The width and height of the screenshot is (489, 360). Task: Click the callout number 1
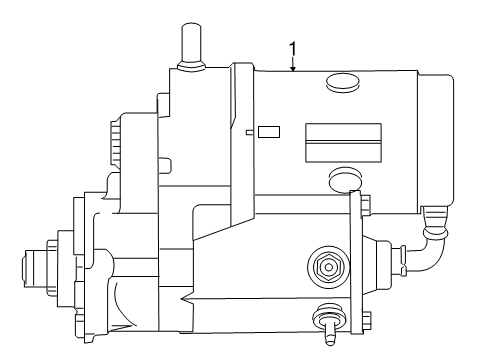[x=292, y=47]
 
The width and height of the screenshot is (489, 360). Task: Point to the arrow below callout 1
[x=292, y=65]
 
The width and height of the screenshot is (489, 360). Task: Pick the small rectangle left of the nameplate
[x=269, y=131]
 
